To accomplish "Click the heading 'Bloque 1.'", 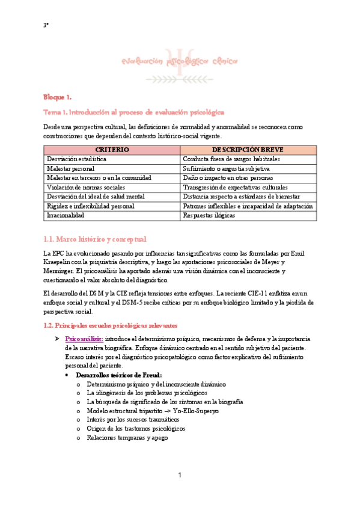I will click(x=57, y=97).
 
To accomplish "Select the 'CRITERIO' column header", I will click(x=112, y=149).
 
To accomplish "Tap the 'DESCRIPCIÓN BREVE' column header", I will click(x=248, y=149).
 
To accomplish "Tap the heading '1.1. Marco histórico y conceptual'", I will click(x=94, y=239).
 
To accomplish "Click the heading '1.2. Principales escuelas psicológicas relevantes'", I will click(x=111, y=325).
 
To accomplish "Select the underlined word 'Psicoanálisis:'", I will click(x=84, y=339).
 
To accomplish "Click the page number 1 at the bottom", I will click(x=180, y=476).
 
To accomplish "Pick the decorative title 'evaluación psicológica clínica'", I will click(x=180, y=61).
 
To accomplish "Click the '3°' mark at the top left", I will click(x=46, y=25).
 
